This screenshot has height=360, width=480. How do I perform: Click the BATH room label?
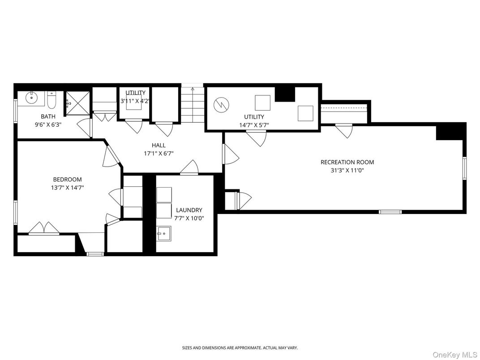coord(48,116)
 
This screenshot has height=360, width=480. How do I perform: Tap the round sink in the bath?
coord(32,97)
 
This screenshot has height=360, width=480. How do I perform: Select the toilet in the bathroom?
coord(51,101)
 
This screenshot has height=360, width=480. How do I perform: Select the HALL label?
coord(159,145)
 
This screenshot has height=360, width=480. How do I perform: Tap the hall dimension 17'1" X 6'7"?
coord(159,153)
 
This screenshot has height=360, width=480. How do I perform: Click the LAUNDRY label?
coord(189,210)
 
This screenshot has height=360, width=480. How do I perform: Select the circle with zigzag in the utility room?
coord(220,105)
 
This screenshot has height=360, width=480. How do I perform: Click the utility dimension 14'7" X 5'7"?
coord(253,125)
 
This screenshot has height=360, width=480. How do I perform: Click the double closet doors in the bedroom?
coord(43,229)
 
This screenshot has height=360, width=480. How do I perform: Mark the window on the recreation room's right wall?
coord(464,168)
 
